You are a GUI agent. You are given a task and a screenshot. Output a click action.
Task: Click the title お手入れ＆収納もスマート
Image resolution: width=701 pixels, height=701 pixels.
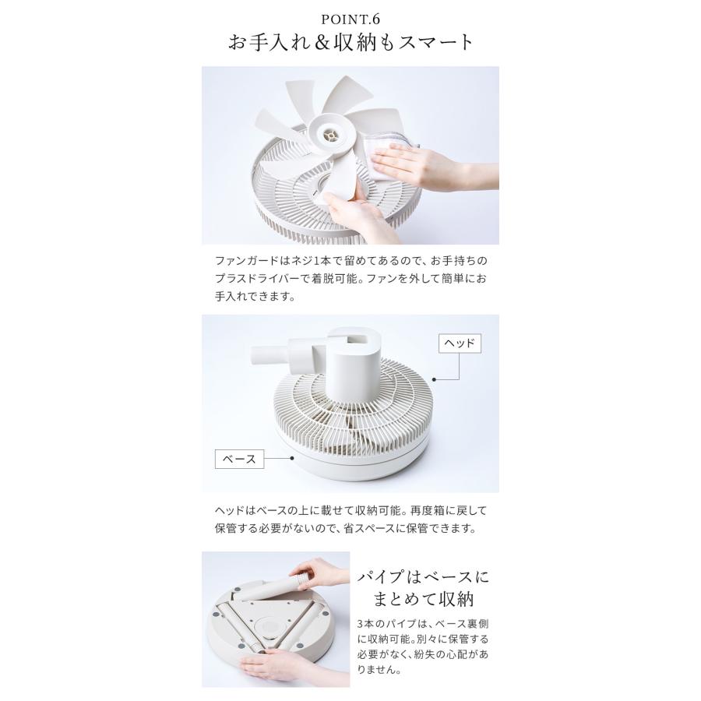coord(350,41)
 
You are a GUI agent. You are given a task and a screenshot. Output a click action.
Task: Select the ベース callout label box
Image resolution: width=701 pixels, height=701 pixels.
coord(239,459)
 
